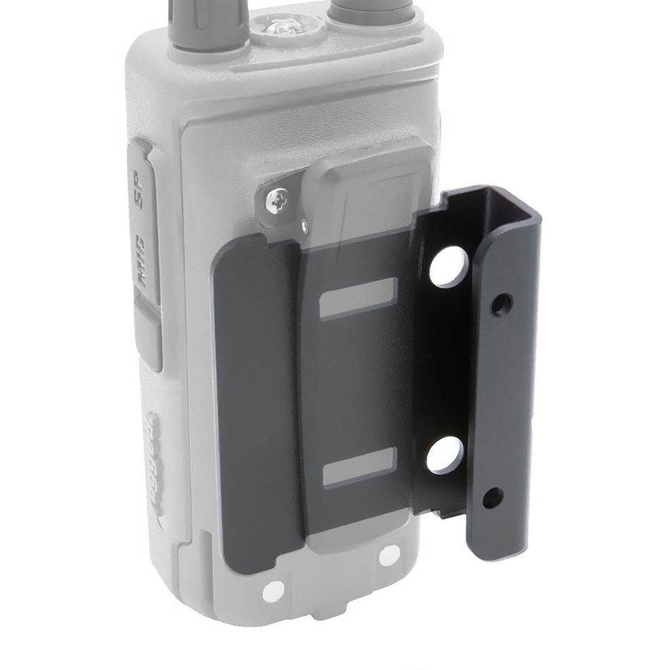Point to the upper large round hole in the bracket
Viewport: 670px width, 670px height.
tap(449, 267)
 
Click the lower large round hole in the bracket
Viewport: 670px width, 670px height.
tap(445, 455)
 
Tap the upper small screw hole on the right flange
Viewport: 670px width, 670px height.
tap(501, 305)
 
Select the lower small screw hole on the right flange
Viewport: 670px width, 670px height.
tap(492, 498)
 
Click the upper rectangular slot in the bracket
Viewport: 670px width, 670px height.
tap(358, 298)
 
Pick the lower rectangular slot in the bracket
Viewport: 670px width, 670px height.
tap(360, 466)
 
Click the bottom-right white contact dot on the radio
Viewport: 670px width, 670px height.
tap(389, 556)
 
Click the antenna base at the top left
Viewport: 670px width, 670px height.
tap(207, 25)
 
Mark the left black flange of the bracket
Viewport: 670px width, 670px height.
tap(257, 402)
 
